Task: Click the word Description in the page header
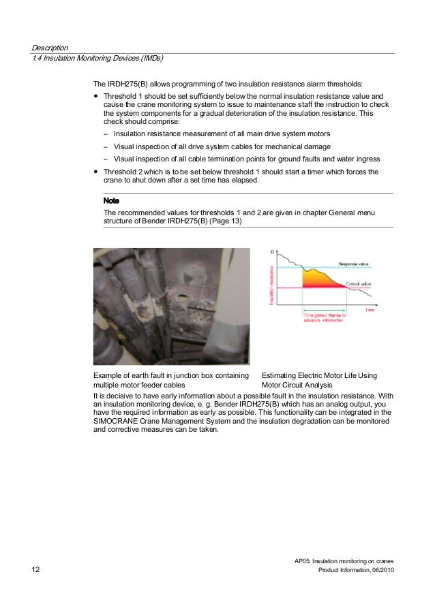(50, 48)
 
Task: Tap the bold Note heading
(111, 201)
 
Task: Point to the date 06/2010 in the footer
(380, 569)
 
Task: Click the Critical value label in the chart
(358, 283)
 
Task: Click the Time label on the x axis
(370, 309)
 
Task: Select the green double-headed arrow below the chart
(325, 309)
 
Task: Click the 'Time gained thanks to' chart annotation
(325, 316)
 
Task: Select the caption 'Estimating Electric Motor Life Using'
(319, 376)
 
